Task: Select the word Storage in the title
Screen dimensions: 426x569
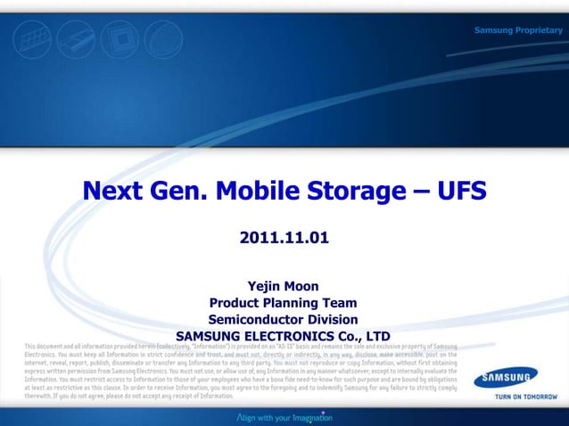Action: pos(357,192)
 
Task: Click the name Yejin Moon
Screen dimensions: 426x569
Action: pos(284,286)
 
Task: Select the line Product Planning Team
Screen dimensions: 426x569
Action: pos(284,303)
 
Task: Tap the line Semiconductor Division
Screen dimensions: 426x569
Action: pos(284,319)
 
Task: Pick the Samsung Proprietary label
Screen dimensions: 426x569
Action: pos(518,31)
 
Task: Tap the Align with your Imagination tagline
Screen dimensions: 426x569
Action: pos(284,416)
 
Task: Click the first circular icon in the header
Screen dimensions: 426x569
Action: pos(32,41)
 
